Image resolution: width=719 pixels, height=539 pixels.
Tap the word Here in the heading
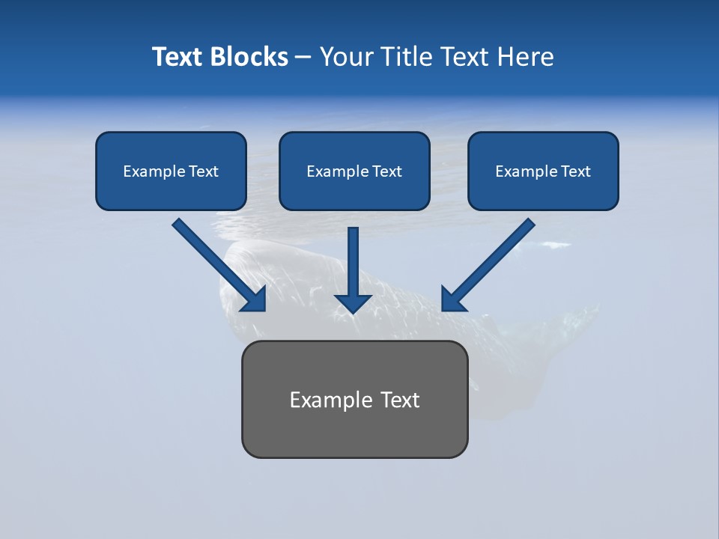525,57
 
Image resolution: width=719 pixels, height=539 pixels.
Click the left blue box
171,171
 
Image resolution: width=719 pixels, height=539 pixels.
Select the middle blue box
354,171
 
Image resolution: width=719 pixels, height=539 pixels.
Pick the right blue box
543,171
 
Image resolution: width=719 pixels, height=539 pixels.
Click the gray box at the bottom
354,400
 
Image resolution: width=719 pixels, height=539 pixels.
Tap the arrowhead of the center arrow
353,302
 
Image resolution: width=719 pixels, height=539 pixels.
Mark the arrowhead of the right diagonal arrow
452,300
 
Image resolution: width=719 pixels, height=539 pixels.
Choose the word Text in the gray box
400,400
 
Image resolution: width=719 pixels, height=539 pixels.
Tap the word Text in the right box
576,171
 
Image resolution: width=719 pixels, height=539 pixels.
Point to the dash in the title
303,57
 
